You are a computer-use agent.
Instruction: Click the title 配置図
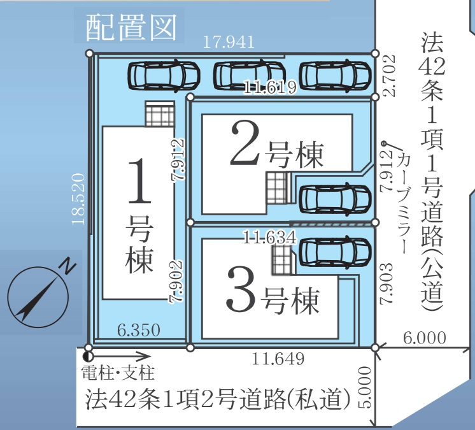pos(131,27)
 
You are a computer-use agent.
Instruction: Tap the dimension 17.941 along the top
pos(229,42)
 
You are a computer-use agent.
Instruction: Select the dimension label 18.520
pos(78,199)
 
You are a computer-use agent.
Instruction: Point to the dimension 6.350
pos(138,330)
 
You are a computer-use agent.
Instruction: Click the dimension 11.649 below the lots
pos(278,359)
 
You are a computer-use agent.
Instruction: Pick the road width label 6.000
pos(425,338)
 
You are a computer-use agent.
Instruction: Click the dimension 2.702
pos(388,75)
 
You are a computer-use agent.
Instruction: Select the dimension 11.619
pos(270,88)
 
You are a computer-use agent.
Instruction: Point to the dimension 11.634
pos(269,237)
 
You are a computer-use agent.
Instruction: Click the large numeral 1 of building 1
pos(139,182)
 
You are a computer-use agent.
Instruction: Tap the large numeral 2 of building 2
pos(245,143)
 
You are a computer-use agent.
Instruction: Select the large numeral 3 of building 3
pos(241,289)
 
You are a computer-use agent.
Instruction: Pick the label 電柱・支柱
pos(118,373)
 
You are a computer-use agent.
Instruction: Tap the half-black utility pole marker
pos(88,357)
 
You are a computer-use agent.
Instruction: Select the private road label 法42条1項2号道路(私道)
pos(218,399)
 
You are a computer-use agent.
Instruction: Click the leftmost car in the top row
pos(164,75)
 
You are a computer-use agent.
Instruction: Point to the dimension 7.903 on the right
pos(386,283)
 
